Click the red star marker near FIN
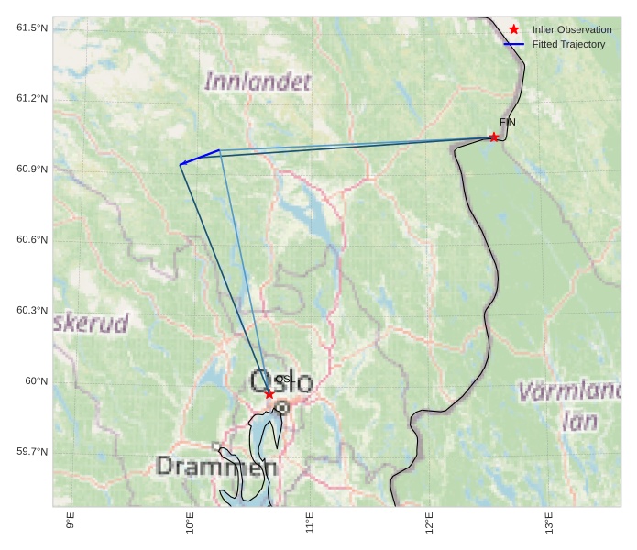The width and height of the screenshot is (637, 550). click(x=494, y=137)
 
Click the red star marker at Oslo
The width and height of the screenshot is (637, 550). click(x=269, y=394)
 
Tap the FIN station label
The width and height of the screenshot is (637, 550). click(x=507, y=122)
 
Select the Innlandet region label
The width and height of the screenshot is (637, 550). click(x=258, y=82)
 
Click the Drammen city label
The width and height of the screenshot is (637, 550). click(x=216, y=466)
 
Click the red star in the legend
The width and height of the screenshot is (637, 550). click(x=514, y=29)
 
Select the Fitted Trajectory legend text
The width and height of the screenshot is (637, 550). click(x=568, y=44)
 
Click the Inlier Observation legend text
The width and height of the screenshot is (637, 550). click(x=572, y=29)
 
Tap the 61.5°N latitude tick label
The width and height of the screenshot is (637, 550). click(x=32, y=28)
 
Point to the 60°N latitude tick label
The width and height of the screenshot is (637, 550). click(x=36, y=381)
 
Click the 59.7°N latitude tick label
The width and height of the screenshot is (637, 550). click(x=32, y=452)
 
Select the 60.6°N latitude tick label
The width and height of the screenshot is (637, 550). click(x=32, y=240)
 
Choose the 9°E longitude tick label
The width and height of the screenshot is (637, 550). click(x=71, y=522)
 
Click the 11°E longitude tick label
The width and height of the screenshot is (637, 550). click(x=310, y=523)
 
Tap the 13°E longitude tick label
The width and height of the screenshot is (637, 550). click(x=549, y=523)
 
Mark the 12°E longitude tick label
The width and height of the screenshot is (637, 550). click(x=429, y=523)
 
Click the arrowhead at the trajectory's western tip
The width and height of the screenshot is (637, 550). click(x=182, y=163)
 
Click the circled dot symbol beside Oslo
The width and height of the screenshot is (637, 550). click(x=282, y=408)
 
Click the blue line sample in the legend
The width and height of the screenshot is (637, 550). click(x=513, y=44)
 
